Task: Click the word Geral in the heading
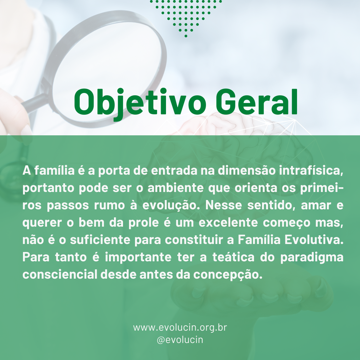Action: pyautogui.click(x=257, y=101)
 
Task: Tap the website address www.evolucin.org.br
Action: pyautogui.click(x=180, y=328)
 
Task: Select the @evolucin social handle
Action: pyautogui.click(x=180, y=340)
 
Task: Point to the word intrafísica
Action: pyautogui.click(x=311, y=171)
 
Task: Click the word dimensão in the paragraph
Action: pyautogui.click(x=247, y=171)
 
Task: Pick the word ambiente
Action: pyautogui.click(x=175, y=188)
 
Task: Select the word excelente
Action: pyautogui.click(x=228, y=222)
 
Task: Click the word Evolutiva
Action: pyautogui.click(x=314, y=240)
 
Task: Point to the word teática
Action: pyautogui.click(x=233, y=257)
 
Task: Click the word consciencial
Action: pyautogui.click(x=60, y=274)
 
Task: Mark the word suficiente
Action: pyautogui.click(x=100, y=240)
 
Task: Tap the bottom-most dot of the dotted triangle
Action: pyautogui.click(x=186, y=36)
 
